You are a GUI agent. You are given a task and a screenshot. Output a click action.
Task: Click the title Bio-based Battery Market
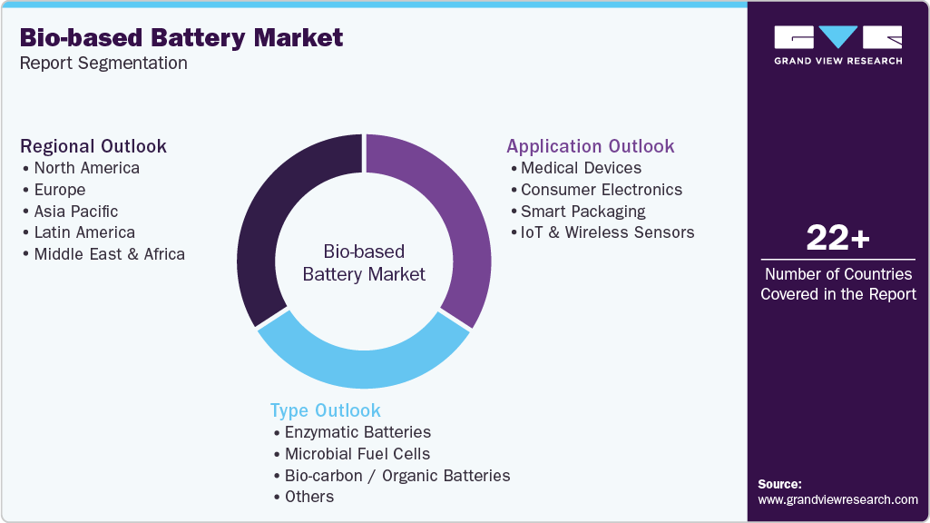[x=181, y=37]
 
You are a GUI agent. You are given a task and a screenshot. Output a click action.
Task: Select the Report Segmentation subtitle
[x=103, y=63]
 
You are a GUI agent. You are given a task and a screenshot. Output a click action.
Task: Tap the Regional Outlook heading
[x=93, y=146]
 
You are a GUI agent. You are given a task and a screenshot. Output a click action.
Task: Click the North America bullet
[x=86, y=168]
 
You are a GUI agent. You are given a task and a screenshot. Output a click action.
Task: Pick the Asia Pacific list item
[x=76, y=211]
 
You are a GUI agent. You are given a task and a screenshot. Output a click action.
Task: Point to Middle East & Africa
[x=109, y=254]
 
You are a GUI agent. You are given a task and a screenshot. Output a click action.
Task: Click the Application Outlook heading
[x=590, y=146]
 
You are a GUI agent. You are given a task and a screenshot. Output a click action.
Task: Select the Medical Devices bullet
[x=581, y=168]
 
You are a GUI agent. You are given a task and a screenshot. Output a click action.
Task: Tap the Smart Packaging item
[x=582, y=211]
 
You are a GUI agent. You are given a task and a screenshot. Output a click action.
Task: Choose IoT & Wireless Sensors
[x=607, y=232]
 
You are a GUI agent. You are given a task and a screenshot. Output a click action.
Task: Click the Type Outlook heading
[x=325, y=410]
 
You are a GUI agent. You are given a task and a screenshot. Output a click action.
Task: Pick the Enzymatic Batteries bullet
[x=357, y=432]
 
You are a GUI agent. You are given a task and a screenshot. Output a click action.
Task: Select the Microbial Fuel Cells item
[x=357, y=454]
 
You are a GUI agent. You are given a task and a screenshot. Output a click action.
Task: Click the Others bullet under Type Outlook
[x=309, y=497]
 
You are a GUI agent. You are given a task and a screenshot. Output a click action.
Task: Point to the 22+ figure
[x=838, y=239]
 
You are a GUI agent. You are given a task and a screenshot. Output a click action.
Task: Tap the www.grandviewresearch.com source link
[x=837, y=499]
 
